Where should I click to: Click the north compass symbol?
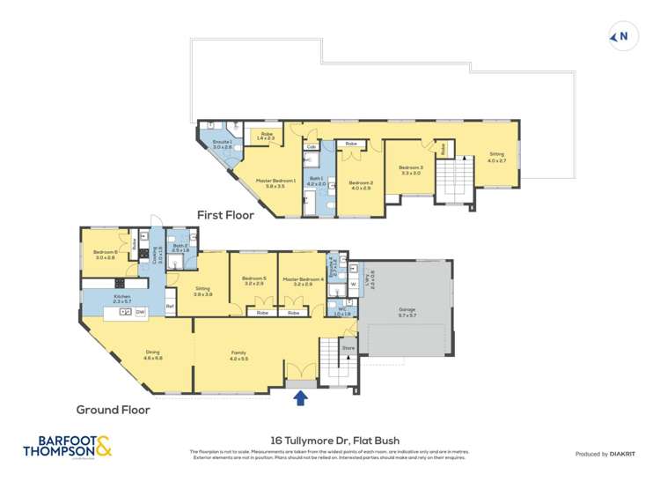tap(620, 36)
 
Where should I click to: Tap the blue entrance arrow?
tap(301, 398)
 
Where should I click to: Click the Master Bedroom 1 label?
tap(275, 182)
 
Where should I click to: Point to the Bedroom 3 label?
tap(410, 170)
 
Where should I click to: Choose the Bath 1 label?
tap(315, 180)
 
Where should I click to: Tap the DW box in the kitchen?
tap(141, 312)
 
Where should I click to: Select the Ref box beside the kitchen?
tap(170, 306)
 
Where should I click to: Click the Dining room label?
tap(153, 355)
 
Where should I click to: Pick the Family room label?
tap(239, 355)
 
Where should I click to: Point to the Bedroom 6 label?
tap(106, 255)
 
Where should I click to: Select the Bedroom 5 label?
tap(253, 281)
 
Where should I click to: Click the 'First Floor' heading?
tap(225, 214)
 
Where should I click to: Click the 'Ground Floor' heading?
tap(113, 409)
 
